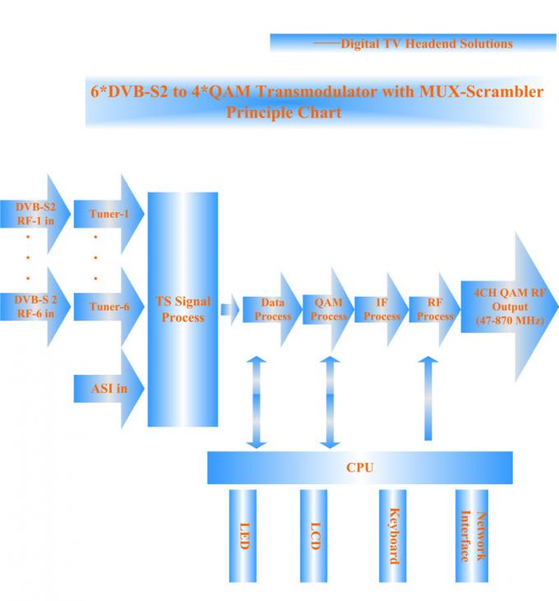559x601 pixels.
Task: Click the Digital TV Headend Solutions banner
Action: tap(413, 43)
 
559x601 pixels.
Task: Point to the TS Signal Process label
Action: tap(182, 309)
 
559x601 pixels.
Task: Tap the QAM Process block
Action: tap(328, 309)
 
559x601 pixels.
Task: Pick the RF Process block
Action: tap(433, 309)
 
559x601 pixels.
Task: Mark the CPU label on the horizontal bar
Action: tap(359, 467)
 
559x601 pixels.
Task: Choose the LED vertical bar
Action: tap(243, 534)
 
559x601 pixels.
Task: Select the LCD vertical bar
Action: tap(313, 534)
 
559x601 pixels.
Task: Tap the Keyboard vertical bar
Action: tap(392, 534)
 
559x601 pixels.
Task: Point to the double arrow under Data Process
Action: tap(257, 402)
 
